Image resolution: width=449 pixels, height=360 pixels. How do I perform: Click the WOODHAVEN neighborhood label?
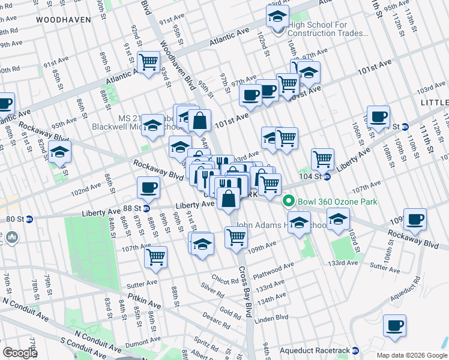click(63, 20)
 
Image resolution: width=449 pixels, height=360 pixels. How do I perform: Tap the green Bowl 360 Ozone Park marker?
click(288, 202)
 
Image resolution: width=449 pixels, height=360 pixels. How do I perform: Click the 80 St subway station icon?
click(29, 220)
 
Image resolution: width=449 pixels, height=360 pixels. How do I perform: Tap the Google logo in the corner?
click(20, 353)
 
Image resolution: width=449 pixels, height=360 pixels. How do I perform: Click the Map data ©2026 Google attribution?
click(412, 355)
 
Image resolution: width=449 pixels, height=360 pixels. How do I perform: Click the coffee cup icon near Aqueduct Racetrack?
click(394, 325)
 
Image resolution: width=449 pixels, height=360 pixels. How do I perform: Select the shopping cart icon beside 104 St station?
click(322, 158)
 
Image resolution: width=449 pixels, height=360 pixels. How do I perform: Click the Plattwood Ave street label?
click(273, 264)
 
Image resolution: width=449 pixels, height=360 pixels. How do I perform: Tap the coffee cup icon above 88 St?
click(148, 187)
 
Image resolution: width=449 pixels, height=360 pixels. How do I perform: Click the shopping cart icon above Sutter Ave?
click(155, 256)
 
